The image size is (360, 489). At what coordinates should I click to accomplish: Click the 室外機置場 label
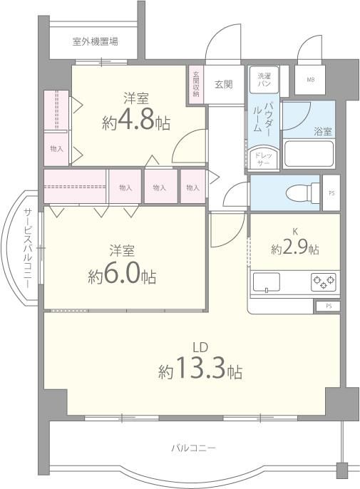(x=95, y=42)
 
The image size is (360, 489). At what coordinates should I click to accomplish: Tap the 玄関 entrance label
(x=223, y=84)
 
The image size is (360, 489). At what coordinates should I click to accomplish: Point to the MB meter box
(x=311, y=80)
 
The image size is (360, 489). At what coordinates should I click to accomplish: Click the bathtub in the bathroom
(x=309, y=154)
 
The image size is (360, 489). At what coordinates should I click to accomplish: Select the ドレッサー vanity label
(x=263, y=158)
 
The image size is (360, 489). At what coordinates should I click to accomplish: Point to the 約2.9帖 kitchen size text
(x=294, y=249)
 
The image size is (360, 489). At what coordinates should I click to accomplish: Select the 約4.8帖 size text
(x=136, y=121)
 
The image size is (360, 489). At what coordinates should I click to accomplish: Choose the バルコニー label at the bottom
(x=192, y=448)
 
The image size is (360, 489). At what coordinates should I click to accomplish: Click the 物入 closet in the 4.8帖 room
(x=56, y=149)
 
